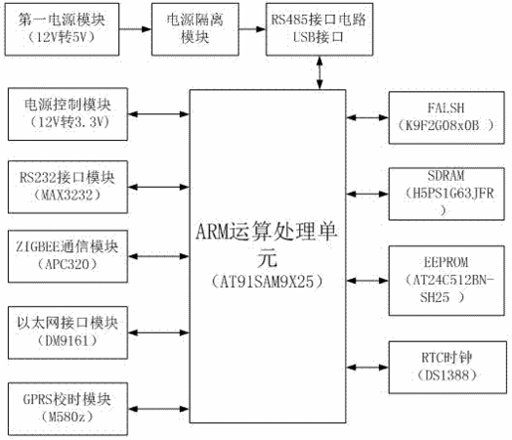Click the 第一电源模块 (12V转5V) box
click(62, 29)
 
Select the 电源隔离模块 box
click(195, 29)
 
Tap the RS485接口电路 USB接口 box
click(320, 29)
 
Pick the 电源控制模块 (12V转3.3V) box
click(68, 114)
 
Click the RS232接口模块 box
click(68, 187)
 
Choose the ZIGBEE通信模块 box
click(68, 256)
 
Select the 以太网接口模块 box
click(68, 332)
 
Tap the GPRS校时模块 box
click(68, 409)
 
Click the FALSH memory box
click(447, 117)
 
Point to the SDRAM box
click(447, 194)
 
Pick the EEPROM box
click(447, 281)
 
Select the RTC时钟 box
click(448, 368)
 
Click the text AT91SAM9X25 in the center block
click(268, 282)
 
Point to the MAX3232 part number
click(67, 196)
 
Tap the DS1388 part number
click(447, 375)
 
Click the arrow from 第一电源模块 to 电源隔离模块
click(136, 29)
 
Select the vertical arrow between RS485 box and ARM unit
click(320, 72)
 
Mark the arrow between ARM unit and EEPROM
click(367, 281)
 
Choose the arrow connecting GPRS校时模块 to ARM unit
click(158, 409)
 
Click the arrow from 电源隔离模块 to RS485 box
click(252, 29)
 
